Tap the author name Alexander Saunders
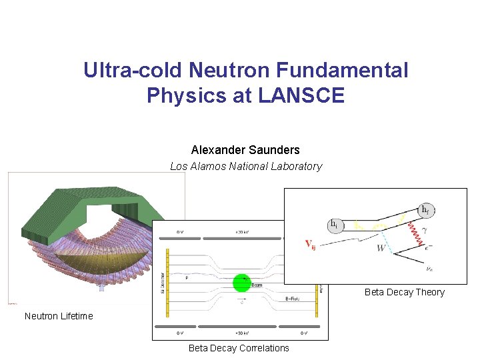tap(245, 150)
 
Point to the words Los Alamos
tap(197, 167)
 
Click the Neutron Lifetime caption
tap(59, 316)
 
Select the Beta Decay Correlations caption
tap(239, 348)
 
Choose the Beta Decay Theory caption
tap(404, 292)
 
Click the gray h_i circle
tap(334, 225)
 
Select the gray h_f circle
tap(425, 210)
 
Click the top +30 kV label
tap(237, 232)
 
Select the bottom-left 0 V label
tap(179, 333)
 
